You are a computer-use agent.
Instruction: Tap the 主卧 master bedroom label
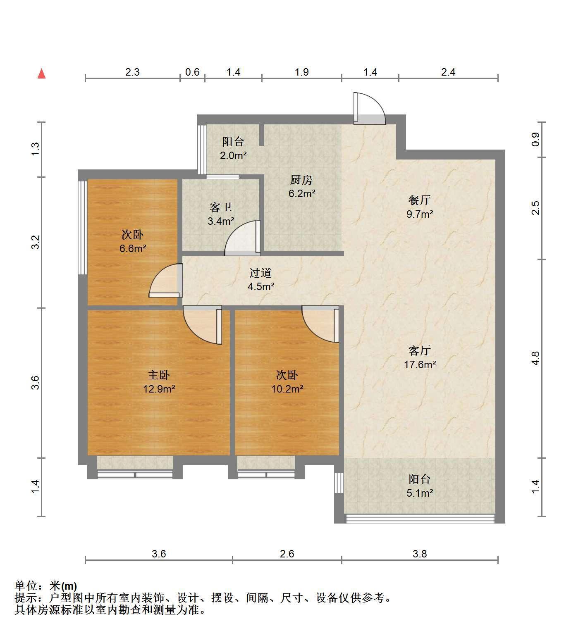[159, 375]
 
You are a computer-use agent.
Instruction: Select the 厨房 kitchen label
[301, 180]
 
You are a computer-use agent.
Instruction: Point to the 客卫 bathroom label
[221, 207]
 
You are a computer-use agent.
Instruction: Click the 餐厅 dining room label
[419, 200]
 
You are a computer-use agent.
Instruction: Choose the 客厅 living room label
[419, 351]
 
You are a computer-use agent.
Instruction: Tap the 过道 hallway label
[261, 273]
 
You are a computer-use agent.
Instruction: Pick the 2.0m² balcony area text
[233, 156]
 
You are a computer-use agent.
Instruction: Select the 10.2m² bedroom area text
[287, 389]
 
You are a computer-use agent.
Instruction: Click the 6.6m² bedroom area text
[132, 248]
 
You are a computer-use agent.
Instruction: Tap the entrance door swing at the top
[369, 108]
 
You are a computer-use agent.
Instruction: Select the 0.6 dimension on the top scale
[192, 72]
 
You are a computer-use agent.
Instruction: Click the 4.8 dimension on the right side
[535, 358]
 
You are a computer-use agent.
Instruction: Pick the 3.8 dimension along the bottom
[420, 554]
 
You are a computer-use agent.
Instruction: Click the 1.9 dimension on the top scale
[302, 72]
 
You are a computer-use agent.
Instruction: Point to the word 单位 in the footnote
[26, 586]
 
